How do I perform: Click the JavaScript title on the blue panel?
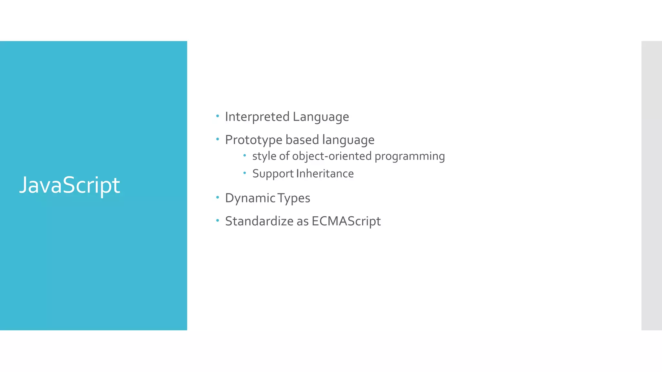(x=69, y=185)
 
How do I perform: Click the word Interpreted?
(x=257, y=117)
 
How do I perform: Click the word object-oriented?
(x=332, y=156)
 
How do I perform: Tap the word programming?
(x=410, y=156)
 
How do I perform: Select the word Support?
(x=273, y=174)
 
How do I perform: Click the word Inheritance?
(x=325, y=174)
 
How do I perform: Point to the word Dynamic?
(x=250, y=198)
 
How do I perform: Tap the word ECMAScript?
(x=346, y=222)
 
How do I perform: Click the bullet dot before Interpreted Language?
(x=218, y=116)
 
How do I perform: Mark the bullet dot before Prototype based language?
(x=218, y=139)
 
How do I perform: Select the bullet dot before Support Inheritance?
(x=245, y=173)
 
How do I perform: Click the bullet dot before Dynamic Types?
(x=218, y=197)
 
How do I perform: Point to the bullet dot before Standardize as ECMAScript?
(x=218, y=220)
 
